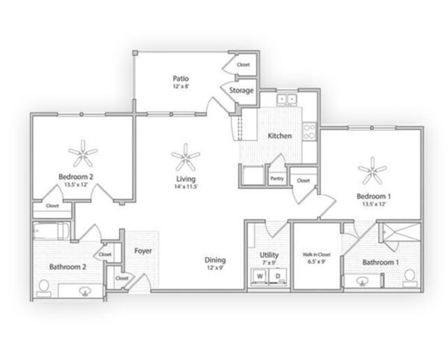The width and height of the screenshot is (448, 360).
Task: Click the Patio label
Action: tap(179, 78)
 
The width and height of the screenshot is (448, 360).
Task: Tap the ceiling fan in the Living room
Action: tap(185, 157)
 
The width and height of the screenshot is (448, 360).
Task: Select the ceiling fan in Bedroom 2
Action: tap(82, 155)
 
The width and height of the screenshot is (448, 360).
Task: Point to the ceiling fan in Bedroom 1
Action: tap(372, 172)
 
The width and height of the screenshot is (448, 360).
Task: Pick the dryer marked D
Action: tap(278, 277)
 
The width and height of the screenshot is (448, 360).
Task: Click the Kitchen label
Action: tap(279, 136)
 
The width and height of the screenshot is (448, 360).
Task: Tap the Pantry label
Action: tap(276, 178)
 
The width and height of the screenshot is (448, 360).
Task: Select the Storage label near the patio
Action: tap(241, 91)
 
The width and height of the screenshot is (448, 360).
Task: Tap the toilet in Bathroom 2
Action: tap(43, 286)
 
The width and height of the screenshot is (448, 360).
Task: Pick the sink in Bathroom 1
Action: tap(363, 281)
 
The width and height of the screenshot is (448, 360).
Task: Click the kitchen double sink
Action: tap(286, 99)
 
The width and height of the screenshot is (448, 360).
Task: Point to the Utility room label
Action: tap(269, 255)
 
